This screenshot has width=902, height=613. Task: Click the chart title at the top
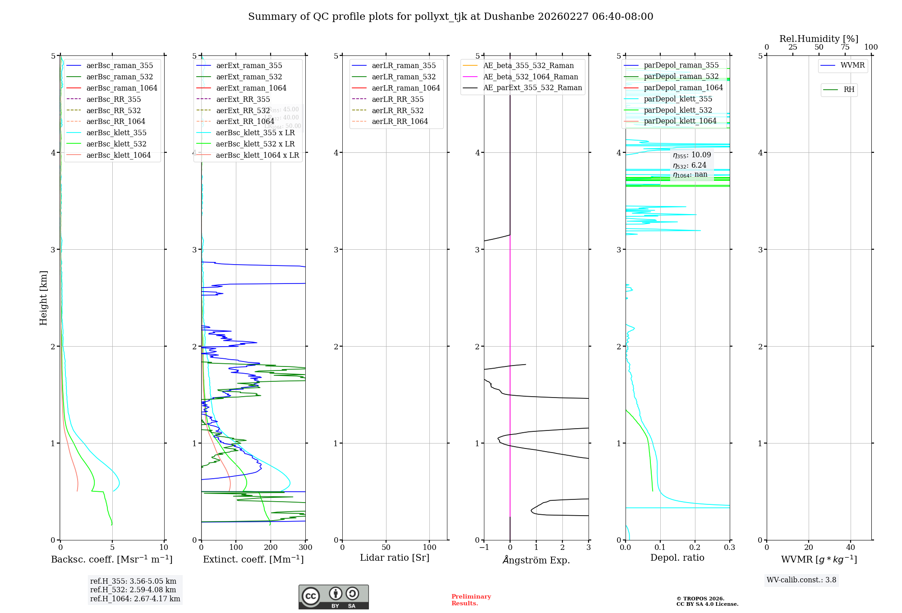click(x=451, y=17)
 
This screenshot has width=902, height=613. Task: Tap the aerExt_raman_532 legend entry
click(x=249, y=77)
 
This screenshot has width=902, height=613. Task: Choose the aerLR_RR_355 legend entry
click(x=397, y=99)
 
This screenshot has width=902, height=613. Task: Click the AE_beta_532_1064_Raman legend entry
click(x=530, y=77)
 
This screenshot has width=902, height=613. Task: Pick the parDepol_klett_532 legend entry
click(x=677, y=110)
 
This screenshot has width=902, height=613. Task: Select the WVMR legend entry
click(x=852, y=65)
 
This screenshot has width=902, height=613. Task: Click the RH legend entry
click(x=849, y=90)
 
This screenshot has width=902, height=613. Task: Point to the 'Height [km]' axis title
click(x=43, y=298)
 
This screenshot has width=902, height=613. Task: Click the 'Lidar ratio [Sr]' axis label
click(x=395, y=558)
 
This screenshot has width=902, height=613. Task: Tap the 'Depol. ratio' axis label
click(x=677, y=558)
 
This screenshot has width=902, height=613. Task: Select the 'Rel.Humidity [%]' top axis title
click(x=819, y=39)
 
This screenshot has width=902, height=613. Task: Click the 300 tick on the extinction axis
click(x=305, y=548)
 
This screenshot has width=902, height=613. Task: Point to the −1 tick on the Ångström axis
click(x=484, y=548)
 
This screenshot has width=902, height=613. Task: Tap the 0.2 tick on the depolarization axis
click(x=695, y=548)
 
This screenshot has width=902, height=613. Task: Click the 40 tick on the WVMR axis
click(x=850, y=548)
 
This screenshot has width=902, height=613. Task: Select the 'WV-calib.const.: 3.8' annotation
click(x=801, y=580)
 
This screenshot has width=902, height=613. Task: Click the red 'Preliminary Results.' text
click(x=471, y=600)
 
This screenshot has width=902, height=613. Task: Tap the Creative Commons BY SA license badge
click(x=333, y=597)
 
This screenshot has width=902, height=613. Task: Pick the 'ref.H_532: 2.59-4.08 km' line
click(x=133, y=590)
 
